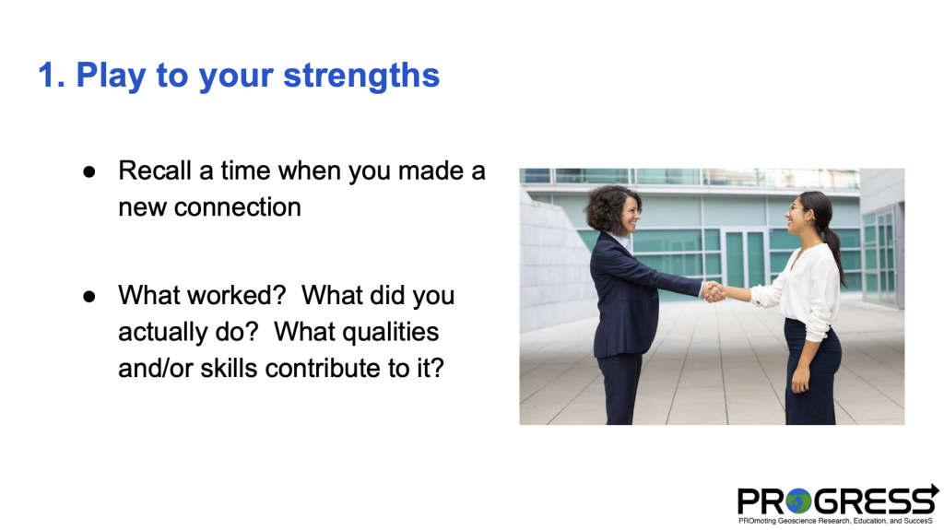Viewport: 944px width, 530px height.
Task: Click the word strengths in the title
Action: (x=361, y=77)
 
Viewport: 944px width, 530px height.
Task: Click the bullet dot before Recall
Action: (x=89, y=172)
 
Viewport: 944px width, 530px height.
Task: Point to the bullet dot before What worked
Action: (x=89, y=296)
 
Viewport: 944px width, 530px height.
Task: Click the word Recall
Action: (x=155, y=171)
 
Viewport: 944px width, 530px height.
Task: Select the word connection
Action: (x=237, y=207)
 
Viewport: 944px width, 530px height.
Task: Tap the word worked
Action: (x=235, y=295)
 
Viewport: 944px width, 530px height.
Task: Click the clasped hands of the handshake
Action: (x=714, y=291)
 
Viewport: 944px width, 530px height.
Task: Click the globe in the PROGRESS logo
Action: (x=799, y=501)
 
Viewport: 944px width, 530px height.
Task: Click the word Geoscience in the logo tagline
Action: (x=796, y=521)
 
